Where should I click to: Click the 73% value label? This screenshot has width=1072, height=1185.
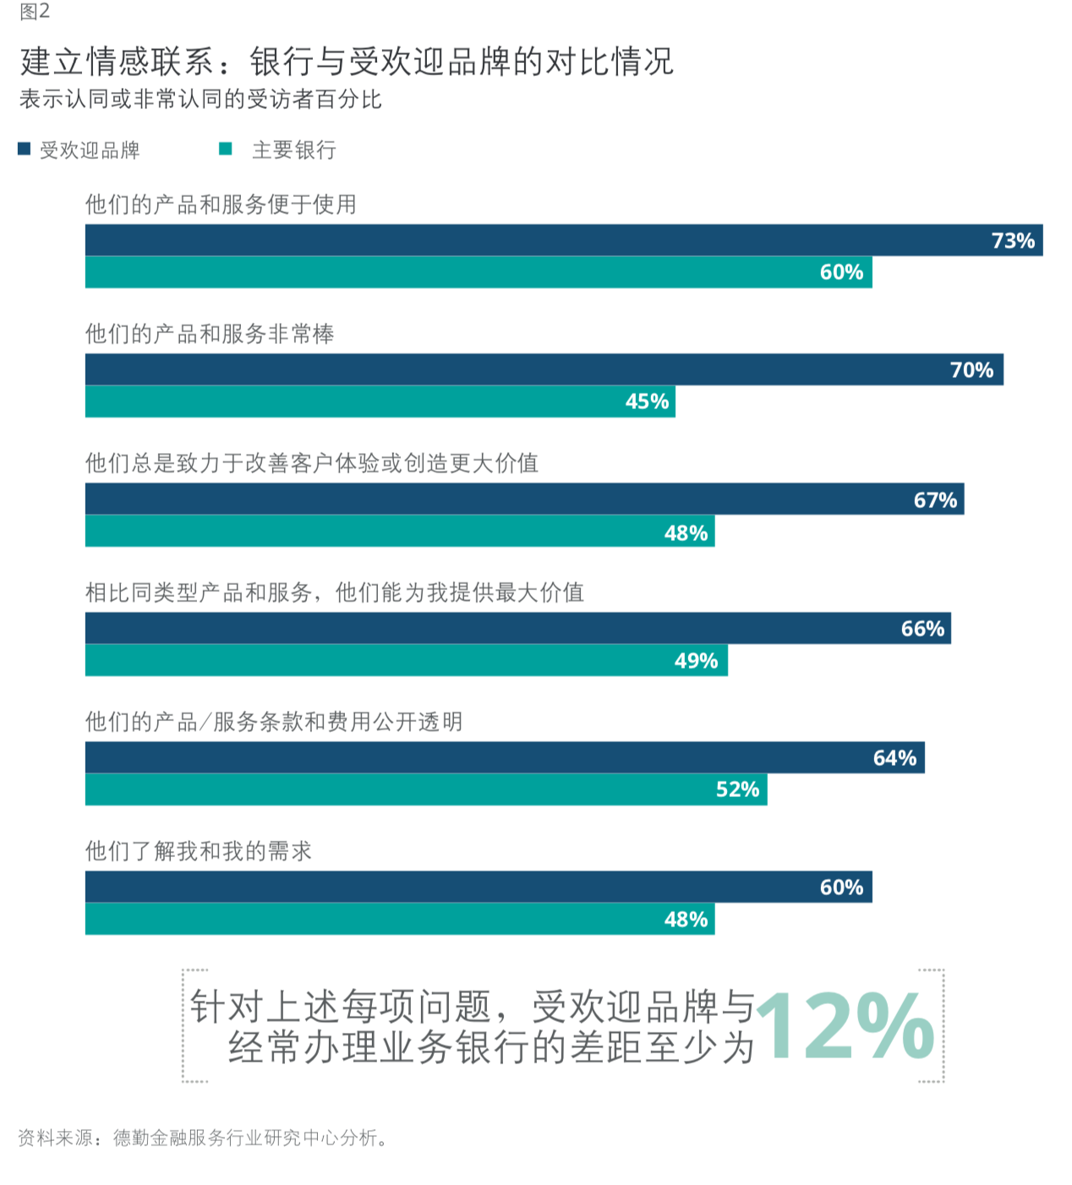pos(1013,241)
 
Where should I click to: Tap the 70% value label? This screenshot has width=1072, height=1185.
pos(971,370)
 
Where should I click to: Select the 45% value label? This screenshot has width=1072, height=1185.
pos(647,401)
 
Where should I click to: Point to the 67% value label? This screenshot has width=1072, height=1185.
pos(935,500)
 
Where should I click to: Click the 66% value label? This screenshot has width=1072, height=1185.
pos(922,629)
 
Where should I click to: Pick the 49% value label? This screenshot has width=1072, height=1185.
pos(696,661)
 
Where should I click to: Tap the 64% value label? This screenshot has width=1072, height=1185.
pos(894,758)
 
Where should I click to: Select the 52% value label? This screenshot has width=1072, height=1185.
pos(737,789)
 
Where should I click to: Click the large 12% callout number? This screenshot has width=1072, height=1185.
pos(845,1026)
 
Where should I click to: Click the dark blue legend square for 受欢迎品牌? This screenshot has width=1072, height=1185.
pos(25,150)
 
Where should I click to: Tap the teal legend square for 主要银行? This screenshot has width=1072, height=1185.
pos(226,150)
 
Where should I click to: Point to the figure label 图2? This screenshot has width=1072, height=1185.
pos(35,12)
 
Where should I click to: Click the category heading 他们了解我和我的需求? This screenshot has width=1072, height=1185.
pos(199,851)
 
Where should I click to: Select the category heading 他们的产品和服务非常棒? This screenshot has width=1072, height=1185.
pos(210,334)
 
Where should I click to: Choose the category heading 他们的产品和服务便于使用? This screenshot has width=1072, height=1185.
pos(221,205)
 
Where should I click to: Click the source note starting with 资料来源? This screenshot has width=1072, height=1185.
pos(203,1138)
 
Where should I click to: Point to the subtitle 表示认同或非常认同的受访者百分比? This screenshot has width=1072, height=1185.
pos(200,100)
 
